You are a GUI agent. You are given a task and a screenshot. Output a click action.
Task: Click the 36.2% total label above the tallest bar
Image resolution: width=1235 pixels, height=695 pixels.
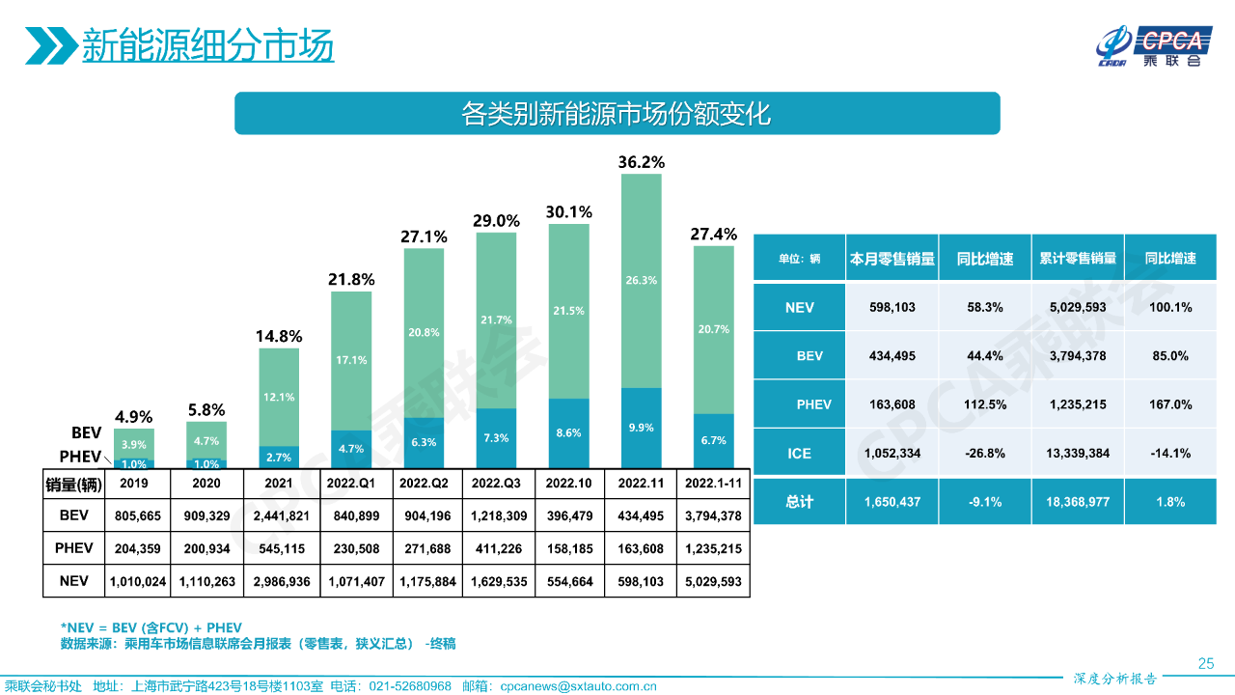pyautogui.click(x=642, y=162)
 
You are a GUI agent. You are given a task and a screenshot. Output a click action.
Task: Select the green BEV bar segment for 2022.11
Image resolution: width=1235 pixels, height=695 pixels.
pyautogui.click(x=642, y=280)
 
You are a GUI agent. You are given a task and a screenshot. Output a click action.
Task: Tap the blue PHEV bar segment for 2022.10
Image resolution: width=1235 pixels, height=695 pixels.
pyautogui.click(x=569, y=433)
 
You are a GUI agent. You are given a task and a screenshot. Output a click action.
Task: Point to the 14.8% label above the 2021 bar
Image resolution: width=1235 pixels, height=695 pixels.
pyautogui.click(x=279, y=337)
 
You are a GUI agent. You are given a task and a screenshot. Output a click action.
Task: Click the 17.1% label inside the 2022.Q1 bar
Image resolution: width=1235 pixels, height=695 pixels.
pyautogui.click(x=351, y=360)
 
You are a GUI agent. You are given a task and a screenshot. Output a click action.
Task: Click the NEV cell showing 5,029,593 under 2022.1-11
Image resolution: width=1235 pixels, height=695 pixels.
pyautogui.click(x=713, y=581)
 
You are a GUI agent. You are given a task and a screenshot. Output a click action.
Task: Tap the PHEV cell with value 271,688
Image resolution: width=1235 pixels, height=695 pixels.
pyautogui.click(x=424, y=548)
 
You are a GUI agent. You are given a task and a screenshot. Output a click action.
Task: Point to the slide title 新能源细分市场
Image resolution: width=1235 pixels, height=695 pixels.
pyautogui.click(x=207, y=45)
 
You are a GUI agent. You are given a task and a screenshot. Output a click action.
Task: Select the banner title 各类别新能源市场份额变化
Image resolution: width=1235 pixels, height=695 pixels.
pyautogui.click(x=617, y=114)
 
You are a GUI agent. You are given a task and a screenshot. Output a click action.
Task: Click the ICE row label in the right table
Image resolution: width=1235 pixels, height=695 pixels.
pyautogui.click(x=799, y=453)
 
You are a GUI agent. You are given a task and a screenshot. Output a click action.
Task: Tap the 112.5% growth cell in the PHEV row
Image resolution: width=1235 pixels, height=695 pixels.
pyautogui.click(x=984, y=404)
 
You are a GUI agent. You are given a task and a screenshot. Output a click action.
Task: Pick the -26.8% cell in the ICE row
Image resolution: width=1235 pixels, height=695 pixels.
pyautogui.click(x=984, y=453)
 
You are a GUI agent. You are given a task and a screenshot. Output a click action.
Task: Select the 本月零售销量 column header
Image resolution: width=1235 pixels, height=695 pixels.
pyautogui.click(x=892, y=258)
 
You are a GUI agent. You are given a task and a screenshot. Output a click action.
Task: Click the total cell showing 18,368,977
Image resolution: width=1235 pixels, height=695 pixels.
pyautogui.click(x=1077, y=502)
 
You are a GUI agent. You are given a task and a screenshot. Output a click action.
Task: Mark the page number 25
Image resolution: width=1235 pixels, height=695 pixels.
pyautogui.click(x=1205, y=663)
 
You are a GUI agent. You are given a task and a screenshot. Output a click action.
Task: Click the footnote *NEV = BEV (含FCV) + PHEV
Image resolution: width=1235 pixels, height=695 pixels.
pyautogui.click(x=151, y=626)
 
